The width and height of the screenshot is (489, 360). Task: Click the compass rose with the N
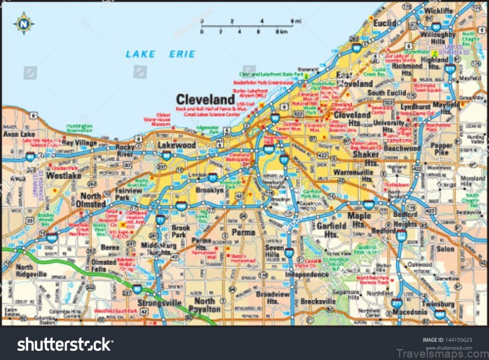24,23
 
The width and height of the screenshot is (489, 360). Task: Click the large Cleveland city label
205,99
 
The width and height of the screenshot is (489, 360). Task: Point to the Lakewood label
177,145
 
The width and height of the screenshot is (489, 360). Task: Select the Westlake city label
64,175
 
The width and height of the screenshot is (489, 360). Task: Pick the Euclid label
385,23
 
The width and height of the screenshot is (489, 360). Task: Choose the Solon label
445,249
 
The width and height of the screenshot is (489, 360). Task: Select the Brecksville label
318,301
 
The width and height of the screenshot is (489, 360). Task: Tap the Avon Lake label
18,133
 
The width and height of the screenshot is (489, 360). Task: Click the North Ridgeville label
32,271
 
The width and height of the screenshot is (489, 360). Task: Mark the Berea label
110,248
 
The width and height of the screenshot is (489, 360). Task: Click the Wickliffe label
437,10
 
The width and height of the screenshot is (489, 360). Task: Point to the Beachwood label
402,148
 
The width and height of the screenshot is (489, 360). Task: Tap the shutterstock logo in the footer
64,345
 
